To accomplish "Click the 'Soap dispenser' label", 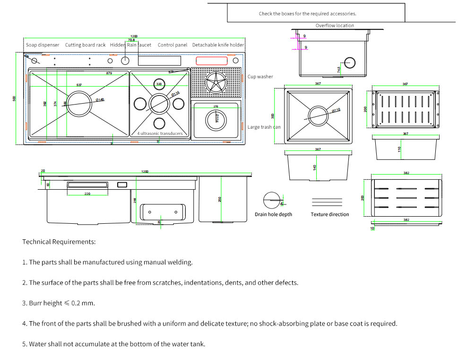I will [x=43, y=45].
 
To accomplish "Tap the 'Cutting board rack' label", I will [x=85, y=45].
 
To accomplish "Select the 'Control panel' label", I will [x=173, y=45].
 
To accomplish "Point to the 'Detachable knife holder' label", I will [x=218, y=45].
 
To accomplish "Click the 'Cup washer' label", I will [x=260, y=77].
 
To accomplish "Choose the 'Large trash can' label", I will [x=264, y=127].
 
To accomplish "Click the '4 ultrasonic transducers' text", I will [x=160, y=133].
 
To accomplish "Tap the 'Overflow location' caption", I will [x=335, y=26].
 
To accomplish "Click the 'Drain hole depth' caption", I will [x=273, y=214].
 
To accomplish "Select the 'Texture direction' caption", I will [x=329, y=214].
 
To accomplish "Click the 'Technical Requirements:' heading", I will [x=59, y=242].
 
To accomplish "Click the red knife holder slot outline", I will [x=211, y=61].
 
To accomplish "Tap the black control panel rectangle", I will [x=159, y=61].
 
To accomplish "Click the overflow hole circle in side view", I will [x=350, y=63].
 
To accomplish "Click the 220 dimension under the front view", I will [x=87, y=194].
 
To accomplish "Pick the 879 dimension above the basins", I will [x=109, y=73].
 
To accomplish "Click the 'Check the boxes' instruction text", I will [x=307, y=14].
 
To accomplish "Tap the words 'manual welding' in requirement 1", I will [x=172, y=262].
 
